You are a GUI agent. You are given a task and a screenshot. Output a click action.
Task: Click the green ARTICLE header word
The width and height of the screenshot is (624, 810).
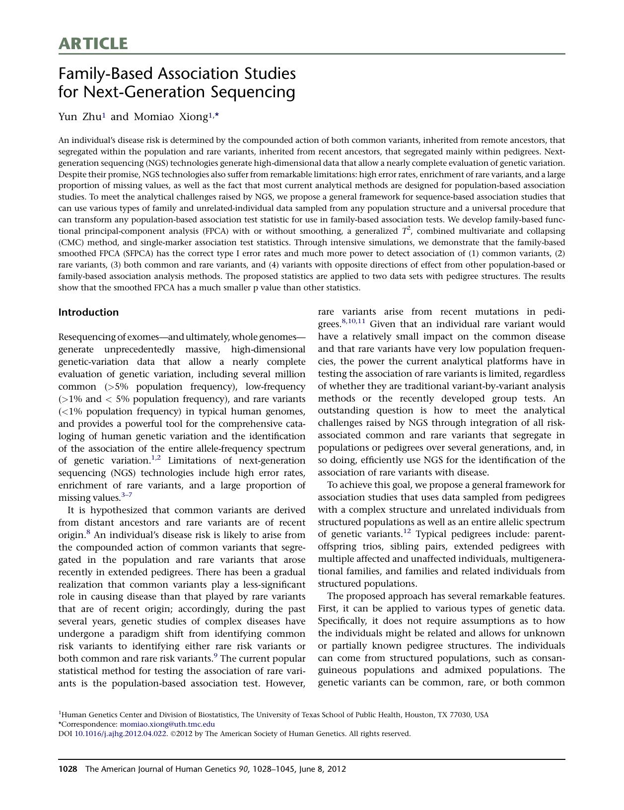coord(93,44)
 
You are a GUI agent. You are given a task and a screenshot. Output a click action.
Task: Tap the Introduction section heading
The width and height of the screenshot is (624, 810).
coord(88,312)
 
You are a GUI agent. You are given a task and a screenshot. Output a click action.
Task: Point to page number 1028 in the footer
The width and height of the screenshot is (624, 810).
coord(68,769)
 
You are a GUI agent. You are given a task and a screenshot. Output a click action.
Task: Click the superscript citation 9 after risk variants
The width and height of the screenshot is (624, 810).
coord(215,656)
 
